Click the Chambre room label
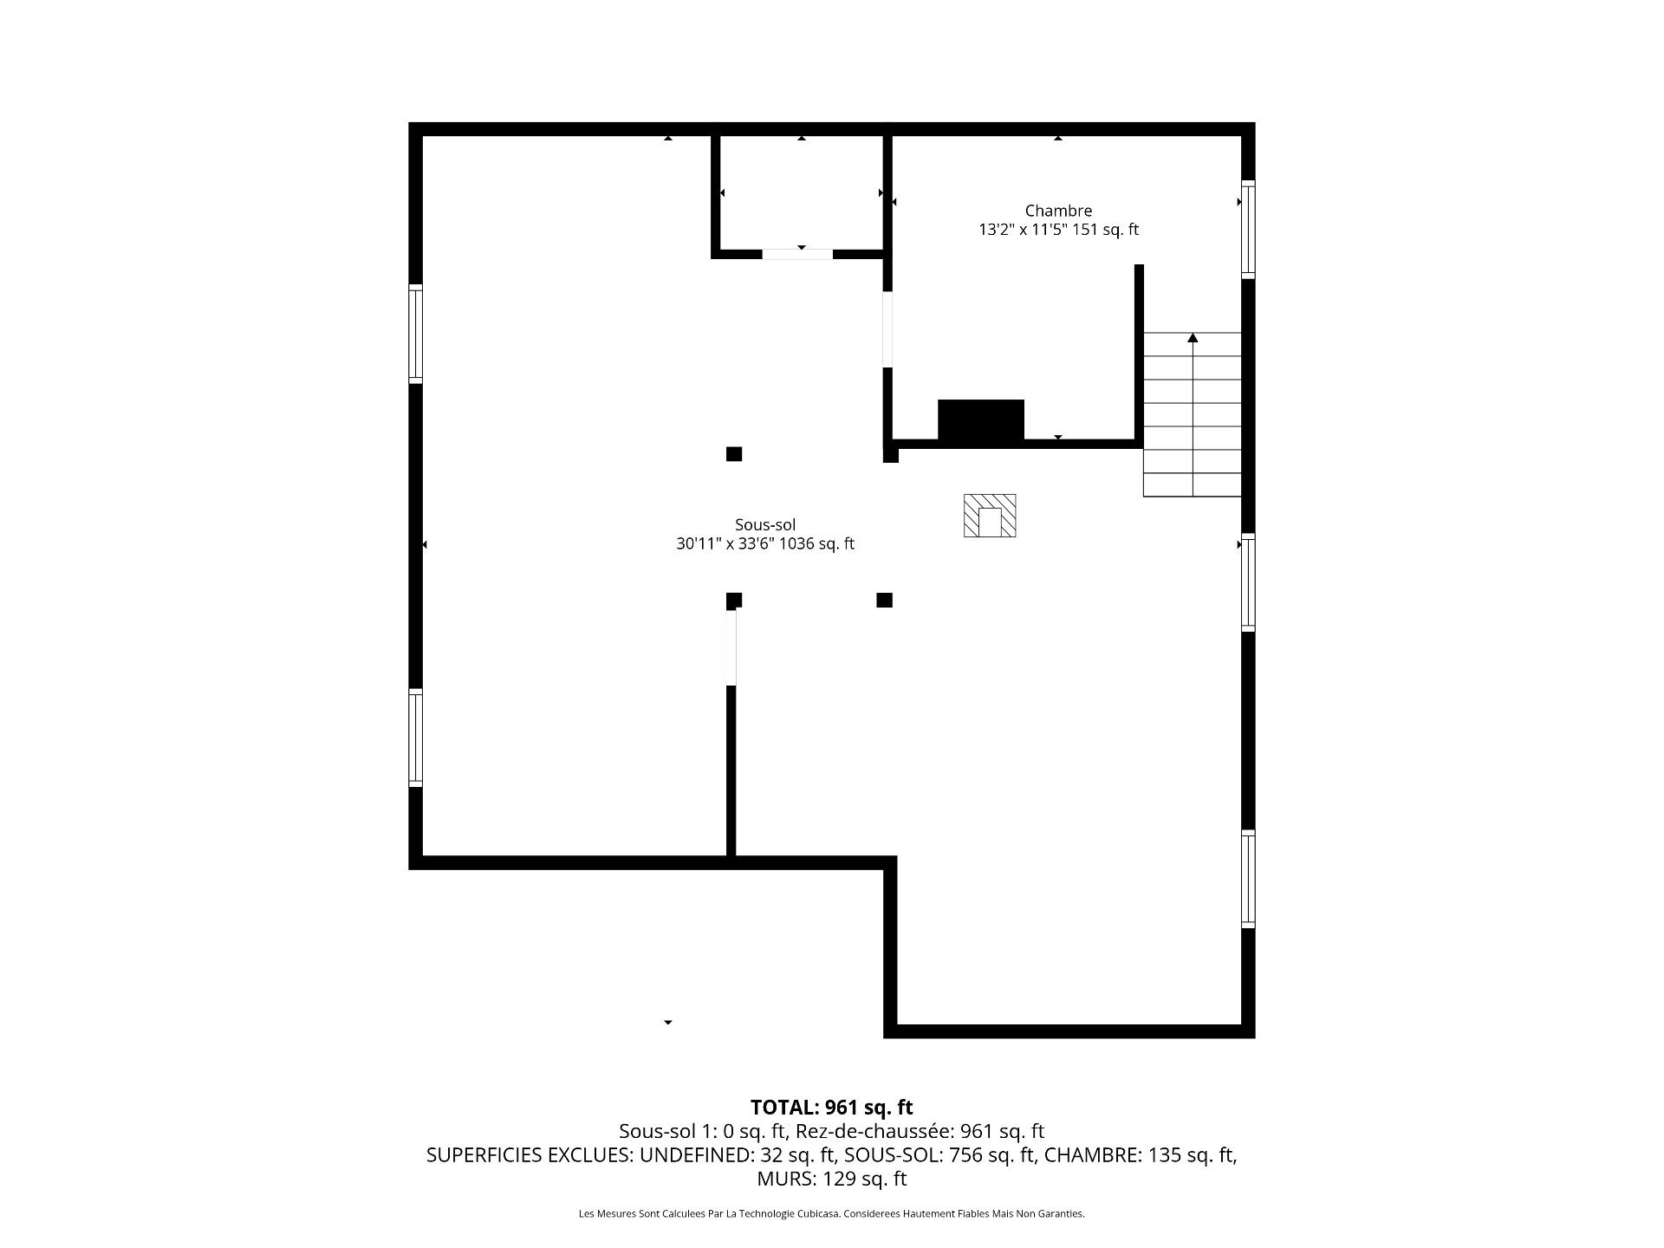[x=1058, y=211]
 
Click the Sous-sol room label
[x=765, y=524]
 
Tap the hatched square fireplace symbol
[x=990, y=516]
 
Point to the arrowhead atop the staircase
[x=1193, y=338]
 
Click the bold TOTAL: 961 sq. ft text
[x=832, y=1108]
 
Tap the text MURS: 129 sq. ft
[x=832, y=1179]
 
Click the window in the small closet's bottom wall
[x=797, y=254]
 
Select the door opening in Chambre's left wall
[x=887, y=329]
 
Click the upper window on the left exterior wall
[x=416, y=334]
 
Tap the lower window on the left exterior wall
[x=416, y=738]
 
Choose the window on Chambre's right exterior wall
[x=1248, y=230]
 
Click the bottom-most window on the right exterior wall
[x=1248, y=879]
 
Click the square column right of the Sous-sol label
[x=884, y=600]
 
